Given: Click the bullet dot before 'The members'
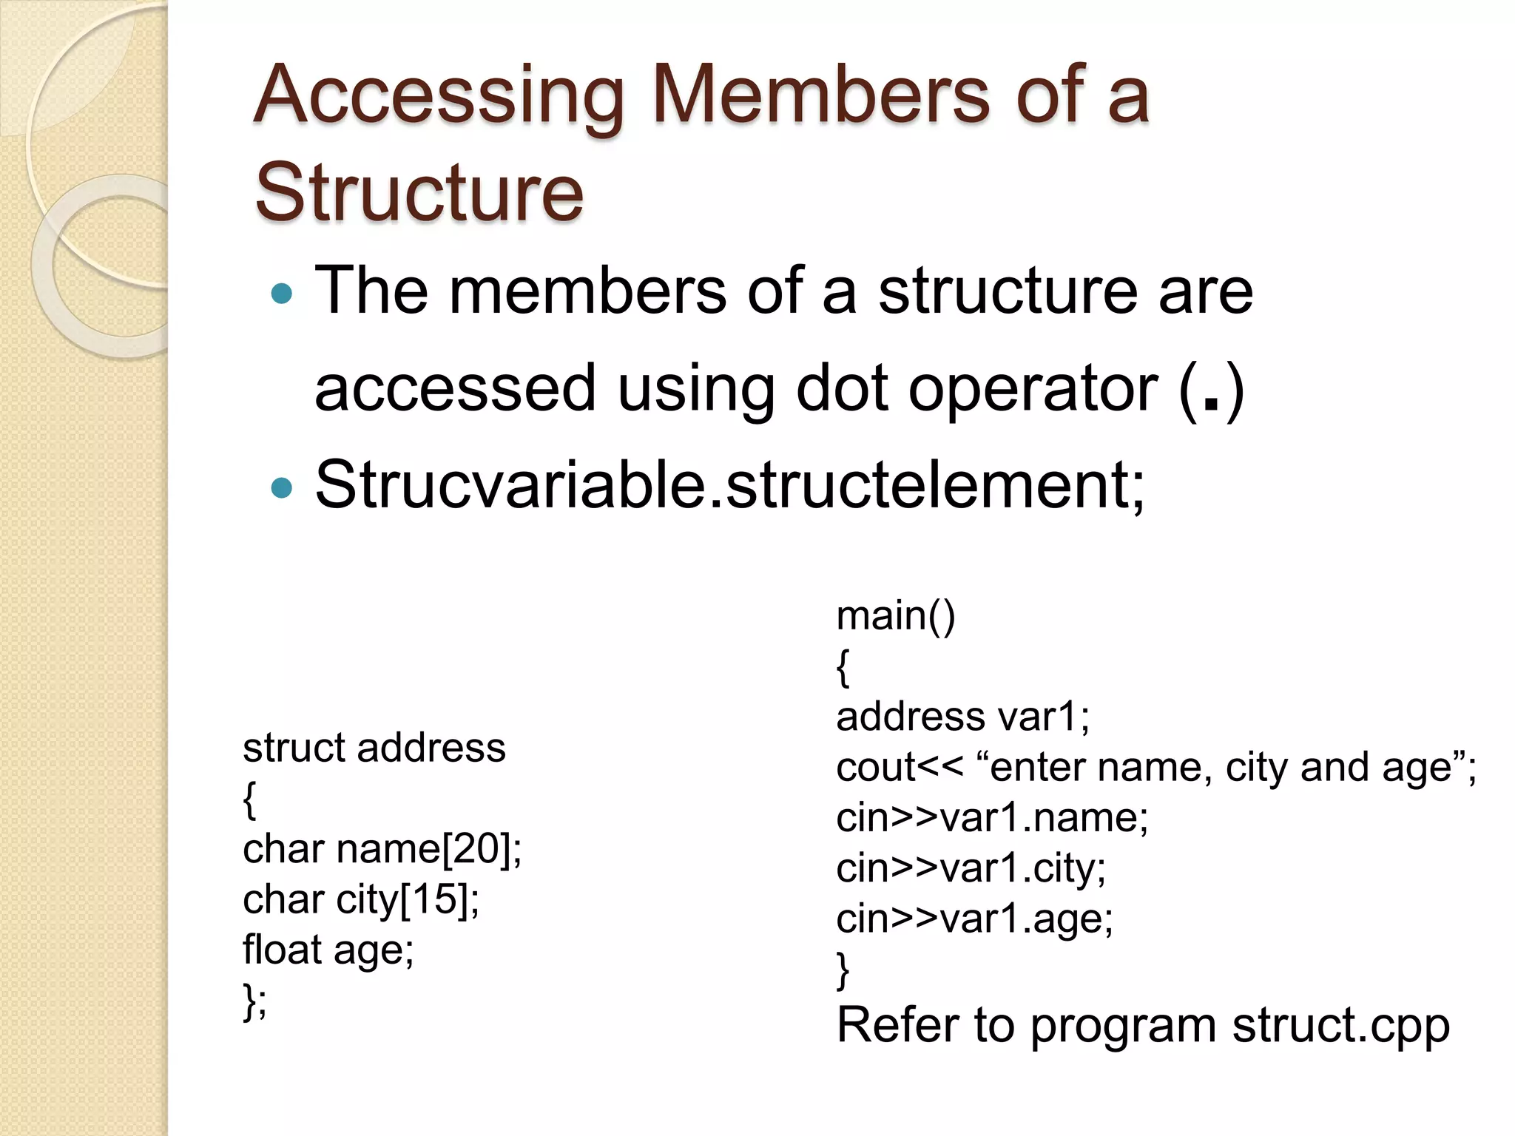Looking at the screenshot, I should point(282,295).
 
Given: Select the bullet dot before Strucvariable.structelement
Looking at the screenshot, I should point(282,488).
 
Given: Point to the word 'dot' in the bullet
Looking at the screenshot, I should point(841,389).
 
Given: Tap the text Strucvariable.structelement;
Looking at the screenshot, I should point(729,485).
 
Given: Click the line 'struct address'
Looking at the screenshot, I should point(374,748).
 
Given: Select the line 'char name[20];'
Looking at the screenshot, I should point(382,848).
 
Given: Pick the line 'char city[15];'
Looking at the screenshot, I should point(361,899).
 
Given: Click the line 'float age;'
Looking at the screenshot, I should point(328,950).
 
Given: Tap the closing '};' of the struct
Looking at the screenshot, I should point(254,1001).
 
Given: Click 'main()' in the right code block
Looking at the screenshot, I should point(895,616).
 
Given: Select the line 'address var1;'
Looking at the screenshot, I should point(962,717).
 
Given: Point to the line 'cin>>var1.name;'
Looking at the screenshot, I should point(992,818).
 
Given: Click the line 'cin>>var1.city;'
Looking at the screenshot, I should point(971,868).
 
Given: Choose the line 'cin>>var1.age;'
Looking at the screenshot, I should point(974,919).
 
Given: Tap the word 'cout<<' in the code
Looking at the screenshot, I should point(900,768).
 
